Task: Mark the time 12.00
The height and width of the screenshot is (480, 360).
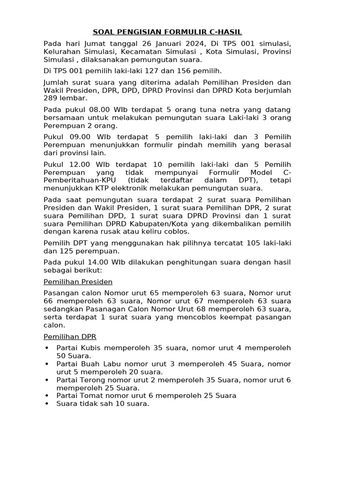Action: tap(78, 165)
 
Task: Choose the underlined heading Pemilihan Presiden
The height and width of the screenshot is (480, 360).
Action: tap(78, 282)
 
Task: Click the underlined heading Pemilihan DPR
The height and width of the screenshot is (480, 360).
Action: tap(69, 337)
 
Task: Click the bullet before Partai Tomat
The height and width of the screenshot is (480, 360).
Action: tap(47, 396)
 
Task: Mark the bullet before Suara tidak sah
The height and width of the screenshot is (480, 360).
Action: tap(47, 404)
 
